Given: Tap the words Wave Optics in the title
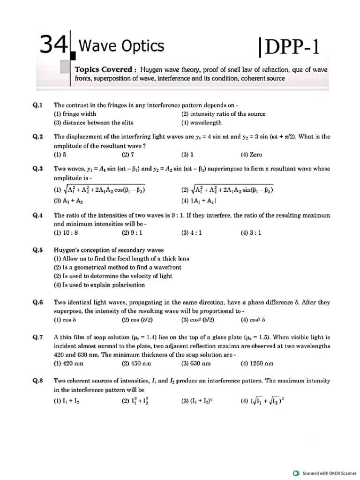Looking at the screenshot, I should pyautogui.click(x=121, y=46).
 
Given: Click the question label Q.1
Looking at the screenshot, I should pyautogui.click(x=38, y=105).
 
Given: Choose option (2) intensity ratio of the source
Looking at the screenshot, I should pyautogui.click(x=223, y=114).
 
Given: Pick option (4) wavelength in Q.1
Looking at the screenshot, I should pyautogui.click(x=202, y=123).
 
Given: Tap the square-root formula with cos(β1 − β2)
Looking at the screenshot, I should pyautogui.click(x=99, y=189).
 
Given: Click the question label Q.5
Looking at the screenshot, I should pyautogui.click(x=38, y=250).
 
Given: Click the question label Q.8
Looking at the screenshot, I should pyautogui.click(x=38, y=381).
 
